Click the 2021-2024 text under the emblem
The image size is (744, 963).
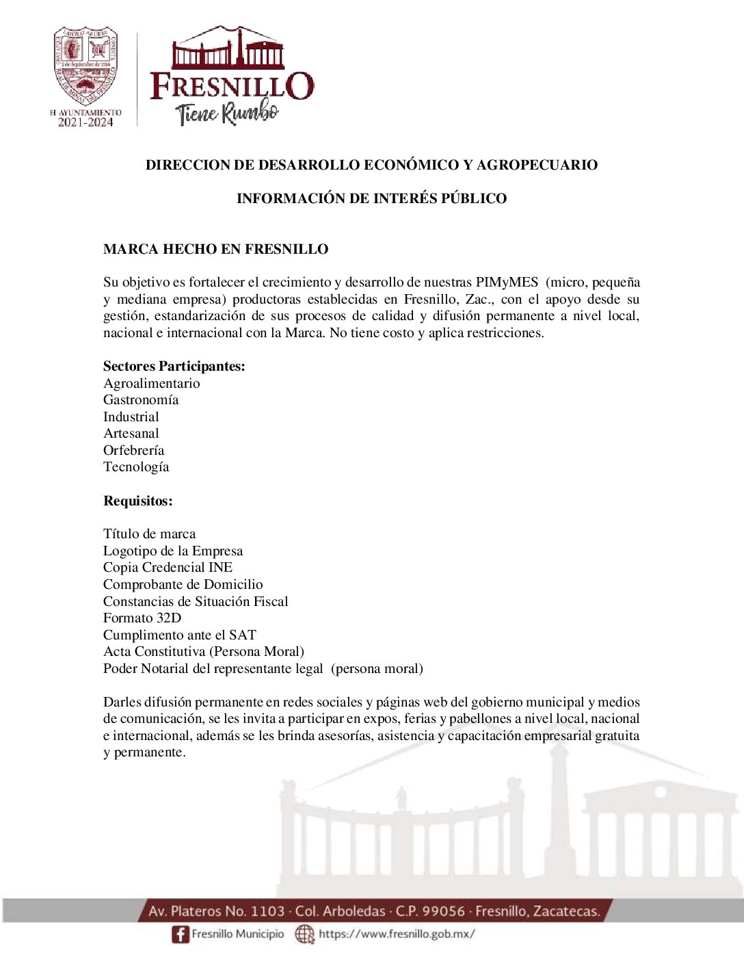(x=85, y=122)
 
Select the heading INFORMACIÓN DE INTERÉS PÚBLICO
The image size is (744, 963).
(x=371, y=198)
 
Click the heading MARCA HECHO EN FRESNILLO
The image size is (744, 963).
(x=215, y=249)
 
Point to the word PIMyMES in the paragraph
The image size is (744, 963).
(x=507, y=282)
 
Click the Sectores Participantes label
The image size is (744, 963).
(x=174, y=366)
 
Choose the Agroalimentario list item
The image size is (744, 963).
(x=151, y=383)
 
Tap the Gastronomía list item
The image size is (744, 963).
(x=140, y=399)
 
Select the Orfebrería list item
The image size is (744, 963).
(x=133, y=450)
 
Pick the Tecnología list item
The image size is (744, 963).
(x=135, y=466)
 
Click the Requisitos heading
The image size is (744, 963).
(x=137, y=501)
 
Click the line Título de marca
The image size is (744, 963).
(x=149, y=533)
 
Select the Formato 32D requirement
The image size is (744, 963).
(x=142, y=618)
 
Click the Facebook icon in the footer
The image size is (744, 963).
(x=180, y=934)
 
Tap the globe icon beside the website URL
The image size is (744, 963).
(x=304, y=934)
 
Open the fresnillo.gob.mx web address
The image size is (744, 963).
(x=397, y=934)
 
